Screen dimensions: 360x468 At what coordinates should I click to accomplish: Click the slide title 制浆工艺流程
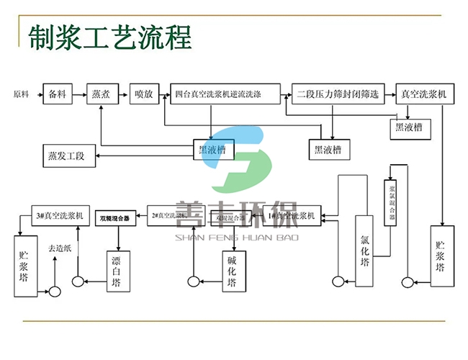click(110, 37)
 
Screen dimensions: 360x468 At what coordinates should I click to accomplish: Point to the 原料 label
click(22, 94)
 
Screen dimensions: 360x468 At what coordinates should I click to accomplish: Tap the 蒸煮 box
click(101, 94)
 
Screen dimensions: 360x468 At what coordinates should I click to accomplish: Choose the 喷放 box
click(143, 94)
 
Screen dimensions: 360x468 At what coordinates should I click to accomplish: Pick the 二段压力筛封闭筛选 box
click(339, 94)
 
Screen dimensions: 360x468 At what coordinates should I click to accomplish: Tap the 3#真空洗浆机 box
click(60, 215)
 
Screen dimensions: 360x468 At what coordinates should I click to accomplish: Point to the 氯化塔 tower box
click(366, 250)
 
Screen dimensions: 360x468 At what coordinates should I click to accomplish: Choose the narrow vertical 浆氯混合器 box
click(390, 203)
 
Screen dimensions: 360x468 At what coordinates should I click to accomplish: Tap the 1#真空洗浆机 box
click(291, 215)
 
